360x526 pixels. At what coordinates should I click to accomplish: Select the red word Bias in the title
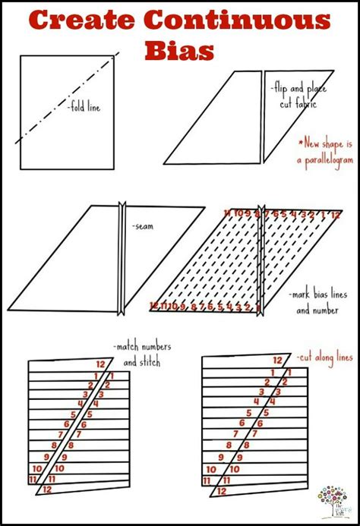[x=180, y=49]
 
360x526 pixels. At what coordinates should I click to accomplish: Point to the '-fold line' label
[x=83, y=108]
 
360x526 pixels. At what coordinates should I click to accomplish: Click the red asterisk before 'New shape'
[x=300, y=143]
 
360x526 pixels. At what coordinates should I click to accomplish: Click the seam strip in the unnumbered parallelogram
[x=122, y=258]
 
